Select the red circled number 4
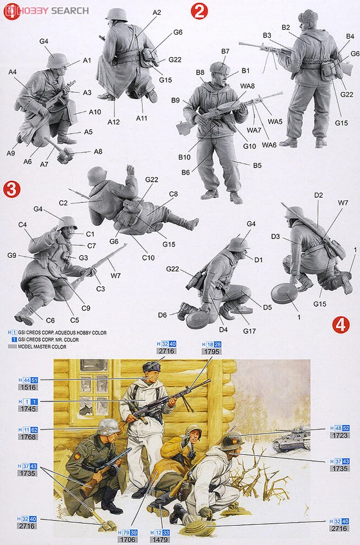(x=340, y=324)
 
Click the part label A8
(x=98, y=152)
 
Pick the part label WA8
(x=248, y=86)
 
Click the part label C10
(x=148, y=258)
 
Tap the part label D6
(x=162, y=315)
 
